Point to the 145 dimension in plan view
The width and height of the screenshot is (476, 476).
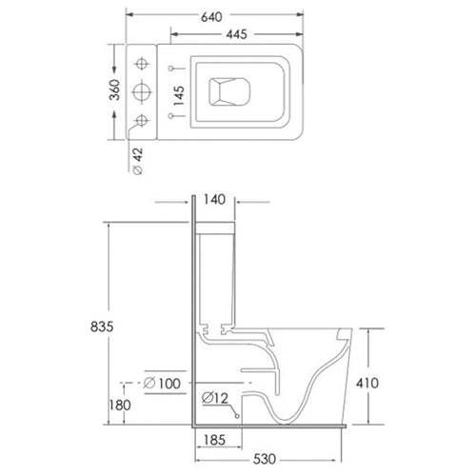click(179, 92)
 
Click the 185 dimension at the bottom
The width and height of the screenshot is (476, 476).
click(214, 441)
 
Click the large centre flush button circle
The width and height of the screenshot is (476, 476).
click(144, 91)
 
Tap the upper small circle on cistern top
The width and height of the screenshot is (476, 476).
click(144, 65)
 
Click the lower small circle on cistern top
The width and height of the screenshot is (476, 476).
click(144, 119)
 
